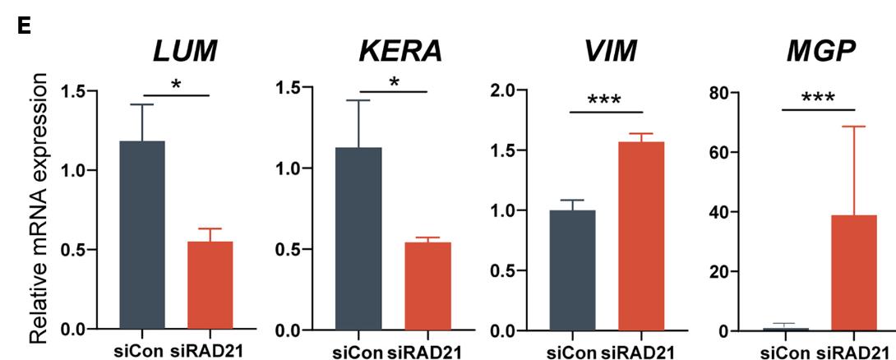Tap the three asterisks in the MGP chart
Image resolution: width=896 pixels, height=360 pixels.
tap(817, 99)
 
